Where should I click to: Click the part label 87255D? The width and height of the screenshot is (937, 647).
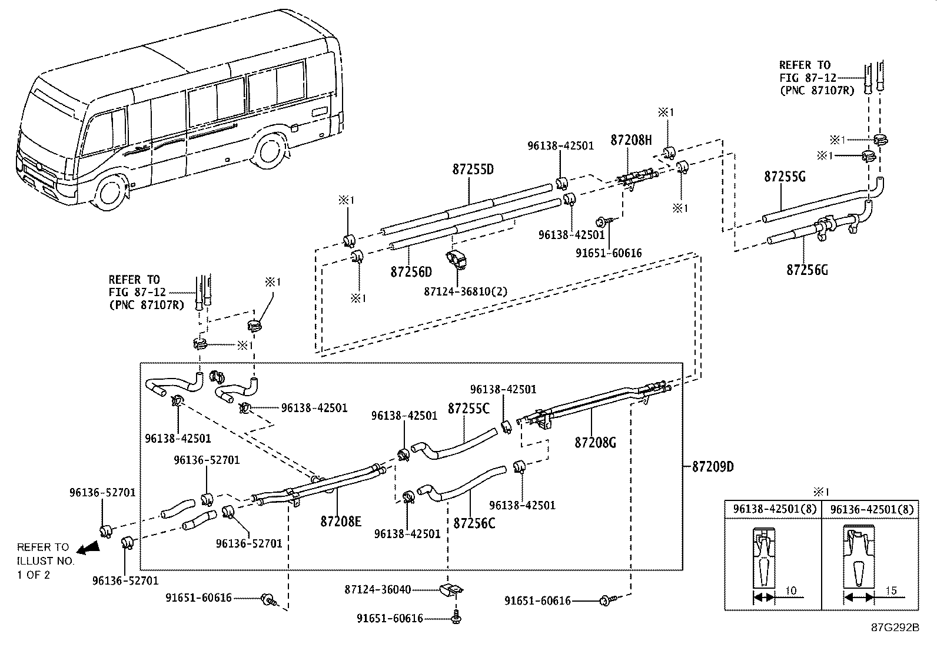coord(473,170)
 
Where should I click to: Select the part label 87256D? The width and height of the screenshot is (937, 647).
coord(411,272)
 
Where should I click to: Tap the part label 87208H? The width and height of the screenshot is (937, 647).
coord(631,140)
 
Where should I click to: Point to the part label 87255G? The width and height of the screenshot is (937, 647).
coord(785,177)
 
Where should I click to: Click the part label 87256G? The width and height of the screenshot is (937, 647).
coord(808,270)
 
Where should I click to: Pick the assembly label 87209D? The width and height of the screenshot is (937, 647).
coord(713,467)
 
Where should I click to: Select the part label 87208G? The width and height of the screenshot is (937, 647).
coord(595,442)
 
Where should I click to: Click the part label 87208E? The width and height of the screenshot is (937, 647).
coord(341,522)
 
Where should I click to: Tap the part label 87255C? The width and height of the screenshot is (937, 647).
coord(468,409)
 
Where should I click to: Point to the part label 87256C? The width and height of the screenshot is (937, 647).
coord(474,523)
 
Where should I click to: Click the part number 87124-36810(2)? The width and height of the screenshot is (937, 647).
coord(466,291)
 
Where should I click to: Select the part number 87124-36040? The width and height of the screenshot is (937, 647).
coord(378,590)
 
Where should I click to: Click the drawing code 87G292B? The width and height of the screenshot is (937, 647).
coord(895,628)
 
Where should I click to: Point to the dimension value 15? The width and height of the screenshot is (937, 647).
coord(892,590)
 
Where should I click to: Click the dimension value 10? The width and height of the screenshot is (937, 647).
coord(790,590)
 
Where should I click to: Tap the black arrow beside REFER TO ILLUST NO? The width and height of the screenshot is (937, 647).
coord(88,548)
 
